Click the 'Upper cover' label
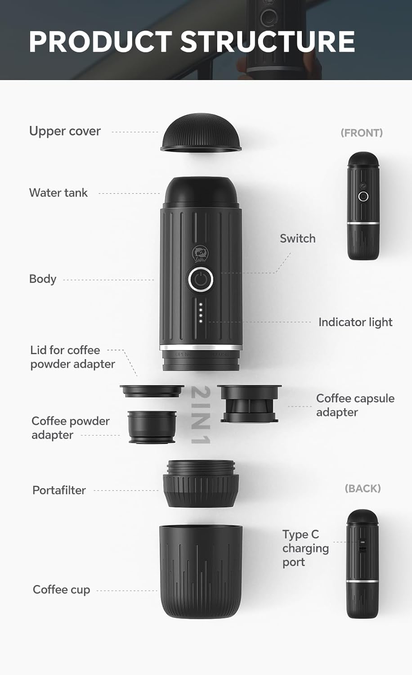point(65,131)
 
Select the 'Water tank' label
point(58,193)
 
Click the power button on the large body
point(201,280)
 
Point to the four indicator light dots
point(201,313)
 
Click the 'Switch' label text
point(297,238)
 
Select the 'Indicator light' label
point(355,322)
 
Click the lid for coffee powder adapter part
point(152,391)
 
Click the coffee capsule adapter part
point(249,403)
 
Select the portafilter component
point(201,484)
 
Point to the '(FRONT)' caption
point(362,133)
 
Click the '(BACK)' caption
point(363,489)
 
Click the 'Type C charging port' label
point(305,548)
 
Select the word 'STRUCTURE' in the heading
point(268,42)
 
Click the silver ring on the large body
point(201,347)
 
